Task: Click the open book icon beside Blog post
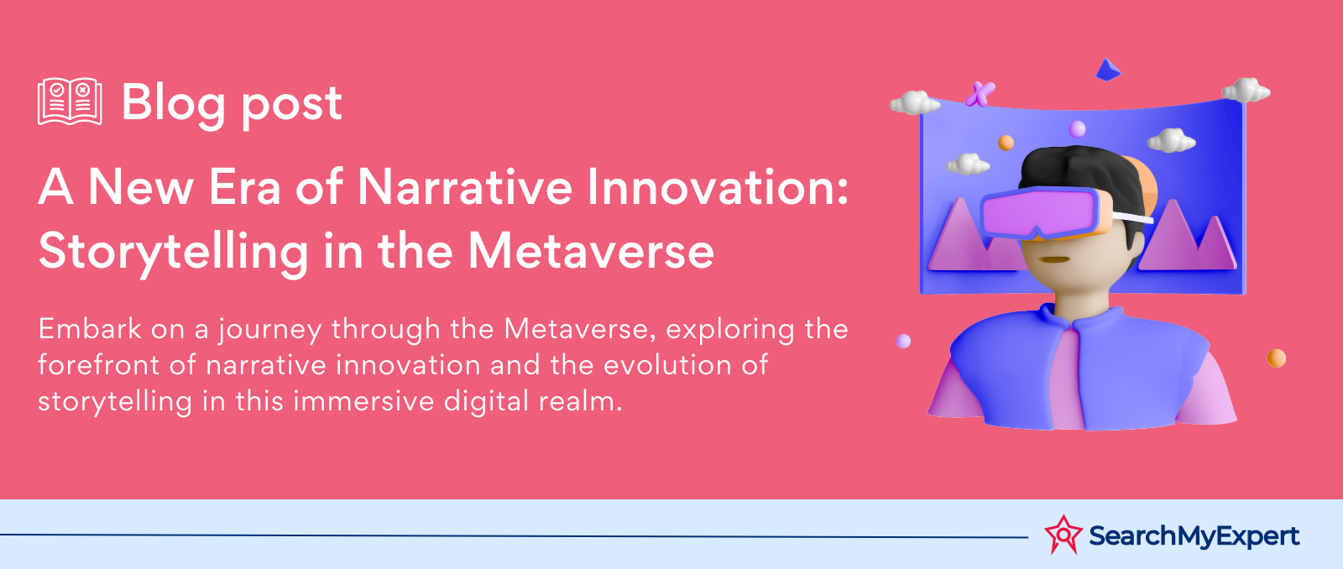click(x=70, y=102)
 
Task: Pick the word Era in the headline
click(x=244, y=187)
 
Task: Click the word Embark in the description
click(x=90, y=329)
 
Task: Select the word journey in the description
click(x=269, y=331)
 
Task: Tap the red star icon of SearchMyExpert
click(x=1063, y=535)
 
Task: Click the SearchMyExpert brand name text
click(x=1194, y=536)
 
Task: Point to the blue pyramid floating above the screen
click(x=1108, y=70)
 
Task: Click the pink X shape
click(x=980, y=94)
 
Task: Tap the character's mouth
click(x=1054, y=260)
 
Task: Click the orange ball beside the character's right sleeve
click(x=1277, y=358)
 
